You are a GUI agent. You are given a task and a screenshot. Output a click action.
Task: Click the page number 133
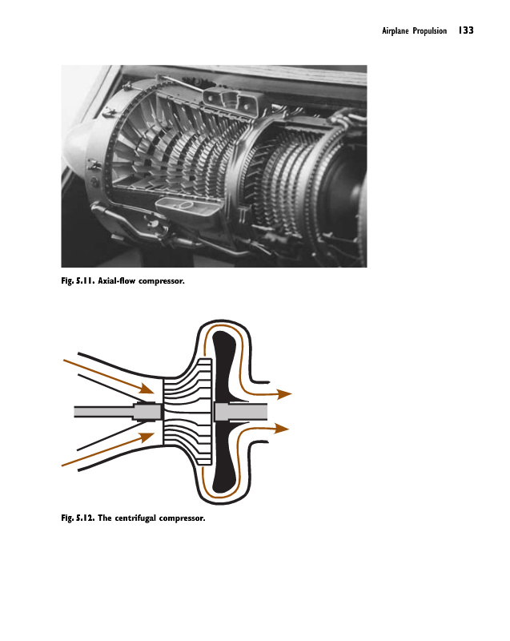(466, 31)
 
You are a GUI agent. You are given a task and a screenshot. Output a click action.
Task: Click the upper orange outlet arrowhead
(285, 393)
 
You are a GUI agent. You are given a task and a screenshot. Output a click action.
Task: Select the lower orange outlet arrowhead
(282, 428)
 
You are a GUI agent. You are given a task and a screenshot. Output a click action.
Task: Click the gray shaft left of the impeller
(104, 411)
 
